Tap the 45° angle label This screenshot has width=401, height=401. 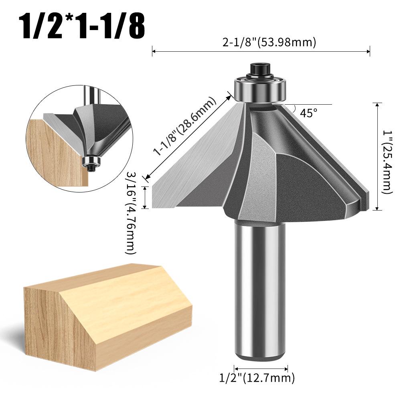pyautogui.click(x=308, y=113)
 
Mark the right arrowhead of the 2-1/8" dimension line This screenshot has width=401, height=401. pyautogui.click(x=368, y=51)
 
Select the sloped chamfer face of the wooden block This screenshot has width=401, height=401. pyautogui.click(x=124, y=293)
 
